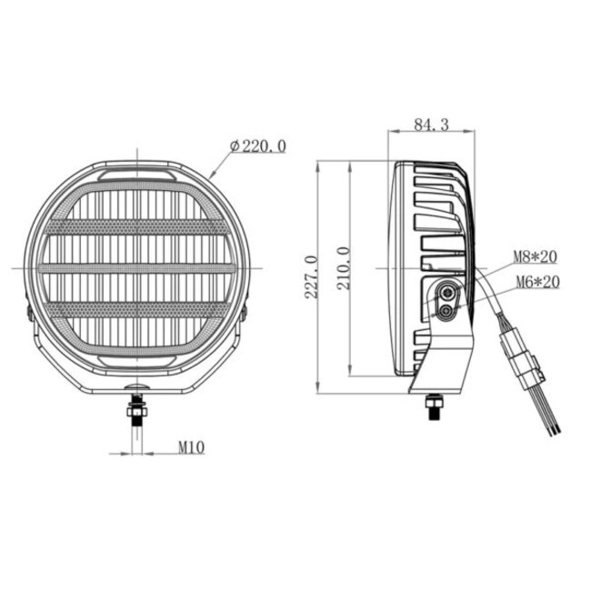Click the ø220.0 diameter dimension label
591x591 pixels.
[x=259, y=145]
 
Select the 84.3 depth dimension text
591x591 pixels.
[x=430, y=125]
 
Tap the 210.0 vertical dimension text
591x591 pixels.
[x=343, y=268]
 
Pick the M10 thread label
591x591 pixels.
[x=189, y=446]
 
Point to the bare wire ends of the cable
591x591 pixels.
[x=549, y=423]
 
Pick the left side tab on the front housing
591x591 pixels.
[x=29, y=312]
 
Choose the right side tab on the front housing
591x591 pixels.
[x=245, y=312]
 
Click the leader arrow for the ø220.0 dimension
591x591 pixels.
[x=215, y=171]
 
